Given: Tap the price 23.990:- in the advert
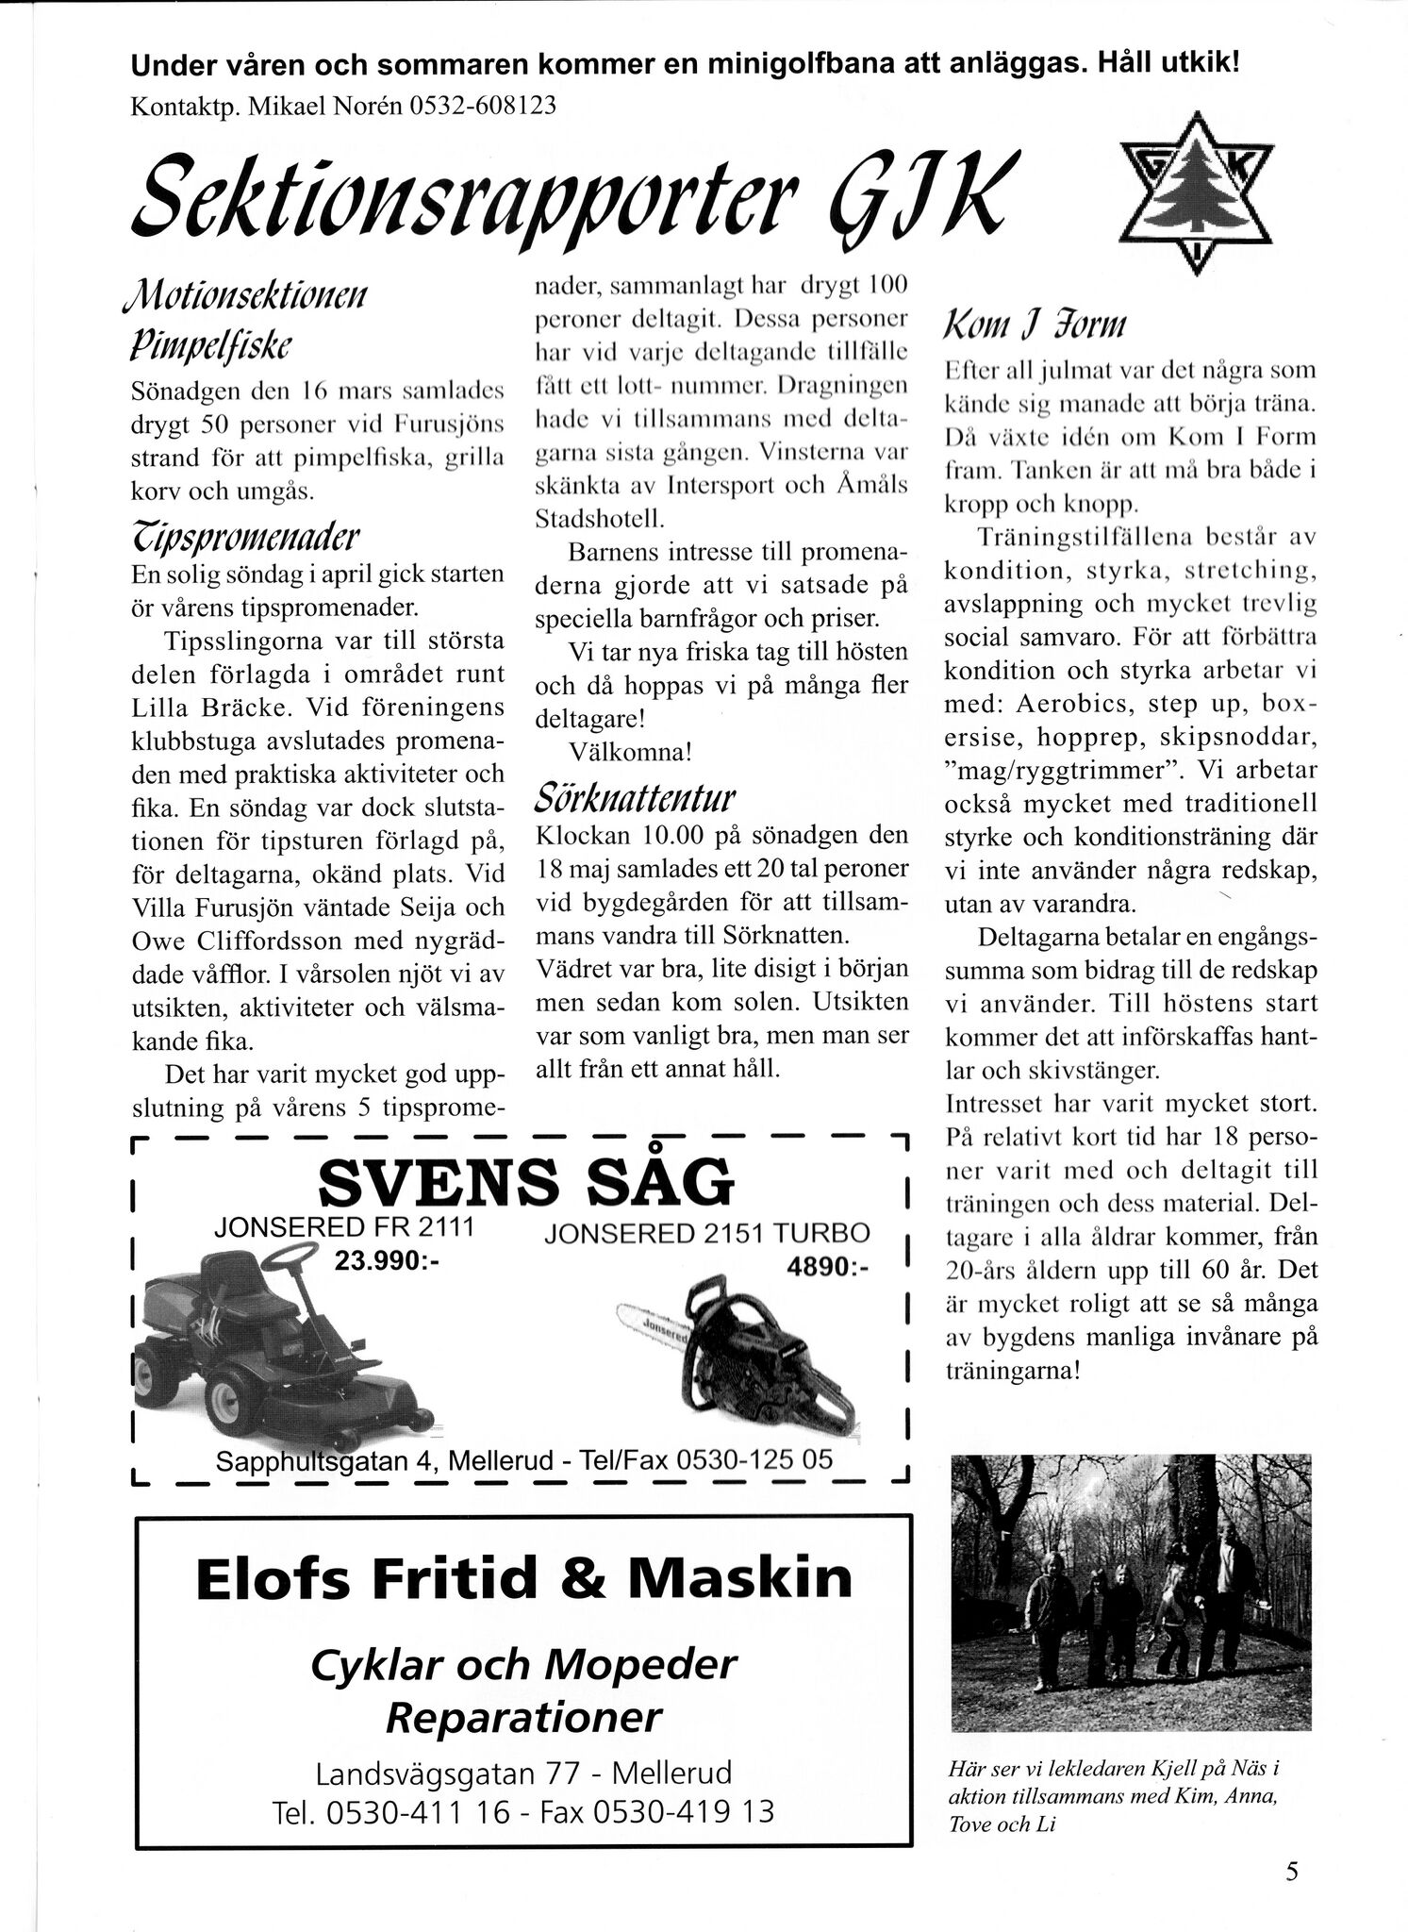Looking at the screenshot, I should click(388, 1261).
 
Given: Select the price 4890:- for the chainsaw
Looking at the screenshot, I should click(826, 1268).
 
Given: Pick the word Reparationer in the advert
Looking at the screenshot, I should click(523, 1717).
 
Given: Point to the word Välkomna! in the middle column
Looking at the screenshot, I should click(631, 753).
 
